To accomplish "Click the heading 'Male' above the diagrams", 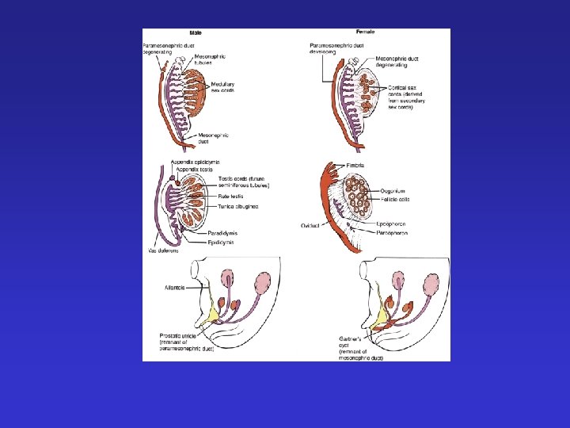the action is tap(195, 32).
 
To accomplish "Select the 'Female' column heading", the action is tap(366, 32).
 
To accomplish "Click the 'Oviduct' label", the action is tap(310, 225).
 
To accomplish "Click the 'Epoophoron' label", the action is tap(393, 224).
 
